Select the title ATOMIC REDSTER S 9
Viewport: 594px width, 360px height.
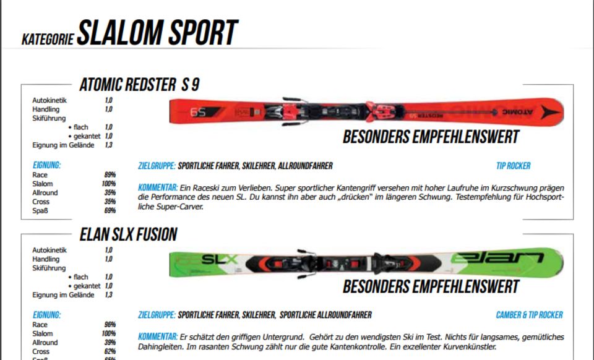tap(139, 85)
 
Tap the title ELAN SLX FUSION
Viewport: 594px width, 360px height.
tap(129, 234)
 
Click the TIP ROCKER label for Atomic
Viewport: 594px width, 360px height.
tap(513, 166)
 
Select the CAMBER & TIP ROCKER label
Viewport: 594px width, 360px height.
tap(529, 315)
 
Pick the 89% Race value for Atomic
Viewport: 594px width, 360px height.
tap(110, 175)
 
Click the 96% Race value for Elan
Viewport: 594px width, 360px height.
tap(110, 324)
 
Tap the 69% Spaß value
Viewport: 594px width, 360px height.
tap(110, 211)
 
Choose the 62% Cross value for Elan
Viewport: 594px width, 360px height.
tap(110, 351)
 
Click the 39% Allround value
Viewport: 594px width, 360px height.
tap(110, 342)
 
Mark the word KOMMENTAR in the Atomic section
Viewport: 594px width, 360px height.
tap(157, 187)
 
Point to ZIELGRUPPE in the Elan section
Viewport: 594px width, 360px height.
tap(157, 315)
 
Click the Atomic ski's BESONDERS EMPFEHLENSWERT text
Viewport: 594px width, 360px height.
tap(431, 137)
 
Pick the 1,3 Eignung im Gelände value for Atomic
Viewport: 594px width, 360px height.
tap(109, 145)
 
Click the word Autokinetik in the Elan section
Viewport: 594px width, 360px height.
tap(49, 250)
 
